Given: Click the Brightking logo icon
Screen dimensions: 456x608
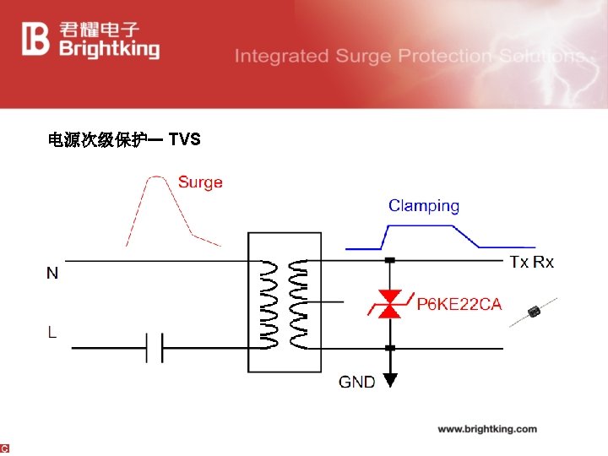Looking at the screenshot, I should [x=36, y=38].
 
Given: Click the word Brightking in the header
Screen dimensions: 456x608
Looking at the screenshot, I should [x=109, y=49].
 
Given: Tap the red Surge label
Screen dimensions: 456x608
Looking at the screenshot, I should [x=200, y=182].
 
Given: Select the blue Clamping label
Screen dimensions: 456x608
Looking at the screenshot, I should [x=424, y=205].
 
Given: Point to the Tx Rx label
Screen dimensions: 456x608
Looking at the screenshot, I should [x=532, y=262].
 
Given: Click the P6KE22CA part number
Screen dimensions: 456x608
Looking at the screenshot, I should [x=459, y=304].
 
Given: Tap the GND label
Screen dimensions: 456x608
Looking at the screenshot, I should [x=357, y=382].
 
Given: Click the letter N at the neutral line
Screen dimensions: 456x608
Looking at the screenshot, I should [x=52, y=273].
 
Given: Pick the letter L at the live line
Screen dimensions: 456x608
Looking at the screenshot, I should [x=52, y=332].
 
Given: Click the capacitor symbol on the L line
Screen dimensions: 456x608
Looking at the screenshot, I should [x=154, y=346].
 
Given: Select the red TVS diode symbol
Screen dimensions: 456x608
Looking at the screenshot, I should [x=389, y=304].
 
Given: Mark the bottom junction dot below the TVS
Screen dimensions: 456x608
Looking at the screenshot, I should [x=389, y=347].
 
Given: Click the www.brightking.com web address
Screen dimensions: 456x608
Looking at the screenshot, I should [x=487, y=429].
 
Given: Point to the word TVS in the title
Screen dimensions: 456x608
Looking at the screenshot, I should [x=184, y=139].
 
